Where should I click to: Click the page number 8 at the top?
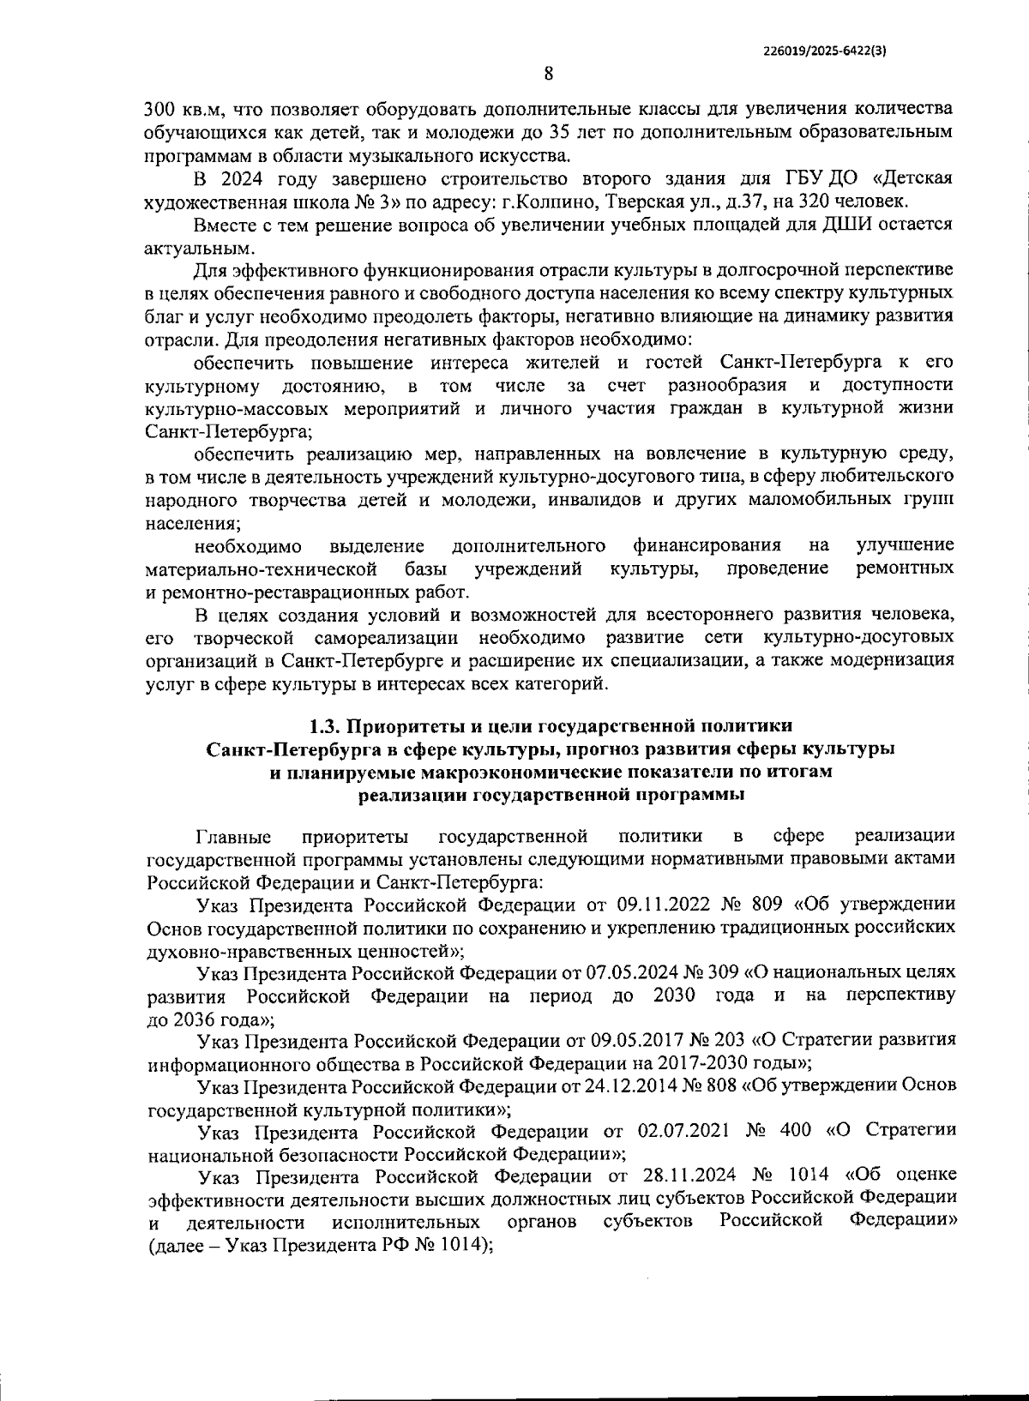pyautogui.click(x=547, y=75)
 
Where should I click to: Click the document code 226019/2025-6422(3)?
pyautogui.click(x=824, y=51)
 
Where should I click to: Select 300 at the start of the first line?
pyautogui.click(x=159, y=111)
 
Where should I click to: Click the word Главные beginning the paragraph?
pyautogui.click(x=233, y=836)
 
